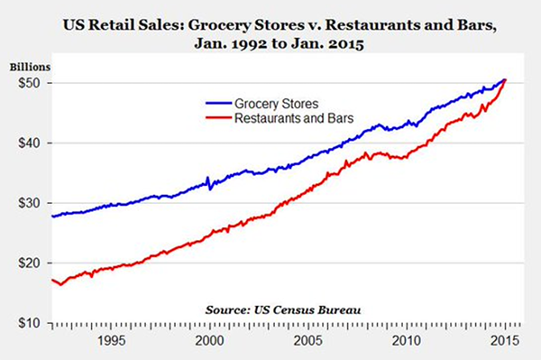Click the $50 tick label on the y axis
pos(27,83)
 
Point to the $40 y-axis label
pos(27,143)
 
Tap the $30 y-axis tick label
pos(27,203)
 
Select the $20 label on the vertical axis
pos(27,263)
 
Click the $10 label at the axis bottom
pos(27,323)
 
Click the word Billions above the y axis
pos(32,66)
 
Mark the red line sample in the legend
pos(215,118)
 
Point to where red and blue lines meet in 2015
pos(504,80)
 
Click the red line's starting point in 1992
pos(52,280)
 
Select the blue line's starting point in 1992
pos(52,217)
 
